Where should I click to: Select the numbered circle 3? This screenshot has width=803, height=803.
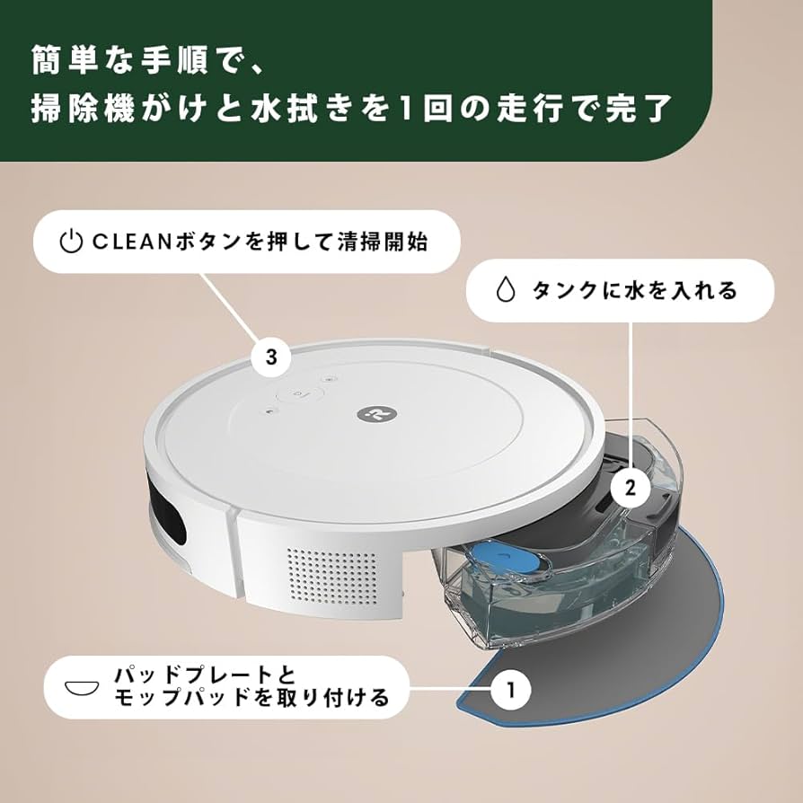tap(270, 357)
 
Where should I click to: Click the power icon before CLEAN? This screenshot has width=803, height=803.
tap(71, 242)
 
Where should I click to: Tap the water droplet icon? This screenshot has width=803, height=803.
tap(507, 290)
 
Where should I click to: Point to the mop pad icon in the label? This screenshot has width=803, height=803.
tap(79, 685)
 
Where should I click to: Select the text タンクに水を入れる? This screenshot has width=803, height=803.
tap(634, 290)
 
